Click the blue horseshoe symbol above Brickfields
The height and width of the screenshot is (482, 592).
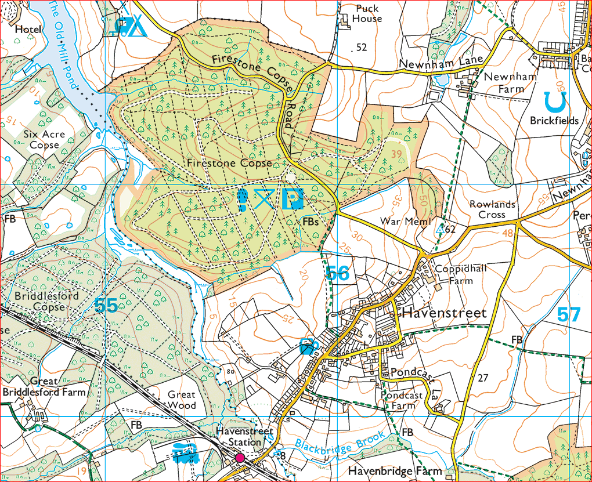coord(555,102)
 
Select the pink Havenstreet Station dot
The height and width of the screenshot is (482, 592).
coord(239,458)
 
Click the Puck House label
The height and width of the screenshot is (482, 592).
coord(367,13)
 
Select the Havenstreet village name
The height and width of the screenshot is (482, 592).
coord(443,313)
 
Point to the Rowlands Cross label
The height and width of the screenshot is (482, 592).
coord(492,209)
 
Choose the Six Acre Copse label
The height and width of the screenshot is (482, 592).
coord(45,139)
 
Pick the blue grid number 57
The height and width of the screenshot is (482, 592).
coord(568,315)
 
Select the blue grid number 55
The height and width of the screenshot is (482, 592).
coord(106,306)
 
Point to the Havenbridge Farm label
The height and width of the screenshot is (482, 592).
coord(395,471)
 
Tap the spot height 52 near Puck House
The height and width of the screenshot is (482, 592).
coord(362,48)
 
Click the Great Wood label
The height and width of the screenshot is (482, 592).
coord(182,400)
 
